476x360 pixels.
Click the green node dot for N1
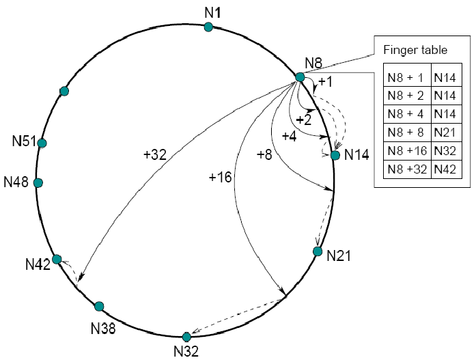208,27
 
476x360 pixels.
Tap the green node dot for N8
300,77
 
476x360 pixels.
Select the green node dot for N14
335,155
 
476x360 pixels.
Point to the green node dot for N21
317,251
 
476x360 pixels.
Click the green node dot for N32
186,337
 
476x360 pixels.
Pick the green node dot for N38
99,306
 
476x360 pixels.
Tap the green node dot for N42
57,259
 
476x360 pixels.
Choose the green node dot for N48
38,183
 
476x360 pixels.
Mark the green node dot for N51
42,143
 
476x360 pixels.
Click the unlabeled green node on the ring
64,91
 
